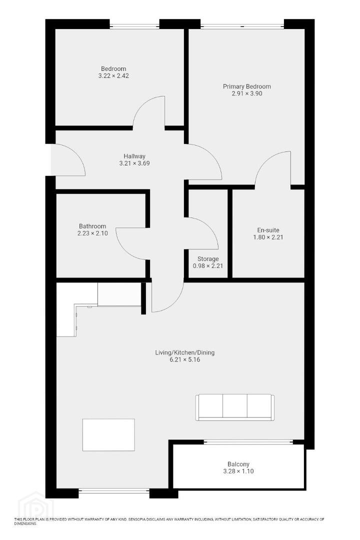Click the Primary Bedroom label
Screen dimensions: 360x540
click(246, 86)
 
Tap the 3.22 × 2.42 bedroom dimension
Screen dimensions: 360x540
click(113, 76)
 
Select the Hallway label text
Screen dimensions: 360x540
click(134, 156)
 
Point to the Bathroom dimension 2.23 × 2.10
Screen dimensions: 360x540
click(92, 233)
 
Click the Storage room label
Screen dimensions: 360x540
click(208, 259)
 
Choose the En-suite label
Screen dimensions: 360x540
click(268, 230)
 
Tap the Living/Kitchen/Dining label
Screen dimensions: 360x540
click(184, 352)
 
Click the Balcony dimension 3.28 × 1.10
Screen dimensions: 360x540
click(238, 471)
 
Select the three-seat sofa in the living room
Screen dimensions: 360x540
click(235, 407)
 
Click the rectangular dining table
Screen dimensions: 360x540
click(108, 434)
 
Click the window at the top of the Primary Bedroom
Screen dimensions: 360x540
click(242, 26)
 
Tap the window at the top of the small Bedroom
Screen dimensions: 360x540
click(134, 26)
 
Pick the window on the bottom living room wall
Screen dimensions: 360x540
click(114, 490)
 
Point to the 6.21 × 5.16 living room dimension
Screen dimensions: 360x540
click(184, 360)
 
